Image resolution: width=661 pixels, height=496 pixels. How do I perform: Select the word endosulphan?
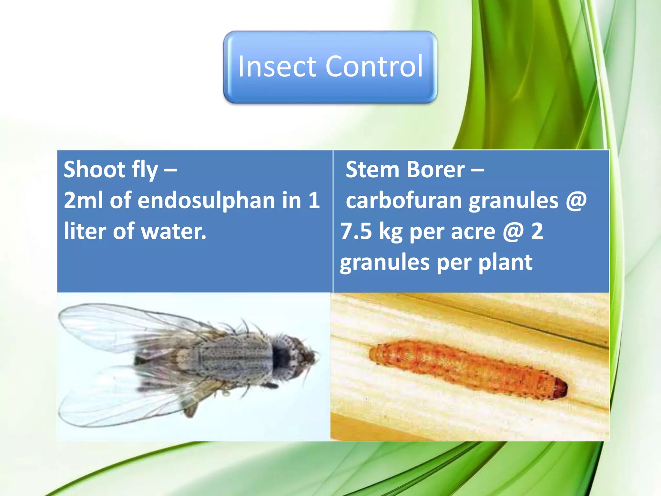coord(206,201)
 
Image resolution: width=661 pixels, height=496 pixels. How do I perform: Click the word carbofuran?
coord(404,201)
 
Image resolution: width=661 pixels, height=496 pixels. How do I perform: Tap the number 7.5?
coord(356,231)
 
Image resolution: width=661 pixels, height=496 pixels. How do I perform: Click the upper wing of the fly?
coord(129,326)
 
